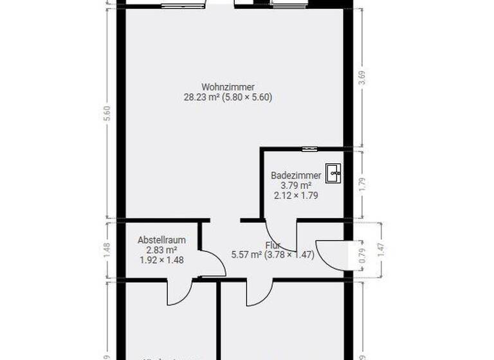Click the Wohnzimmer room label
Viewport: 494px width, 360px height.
[228, 87]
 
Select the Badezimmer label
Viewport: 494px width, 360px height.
[295, 175]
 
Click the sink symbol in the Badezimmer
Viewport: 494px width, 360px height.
[334, 172]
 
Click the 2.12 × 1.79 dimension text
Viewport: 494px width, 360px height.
[295, 195]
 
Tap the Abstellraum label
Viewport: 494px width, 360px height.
[161, 240]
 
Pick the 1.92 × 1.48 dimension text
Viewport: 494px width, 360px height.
[161, 260]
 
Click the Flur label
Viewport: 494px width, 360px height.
[272, 245]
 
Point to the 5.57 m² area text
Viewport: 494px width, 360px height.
[246, 255]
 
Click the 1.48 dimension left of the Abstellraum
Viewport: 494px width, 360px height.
[107, 249]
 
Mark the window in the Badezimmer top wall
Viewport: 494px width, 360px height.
[310, 148]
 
